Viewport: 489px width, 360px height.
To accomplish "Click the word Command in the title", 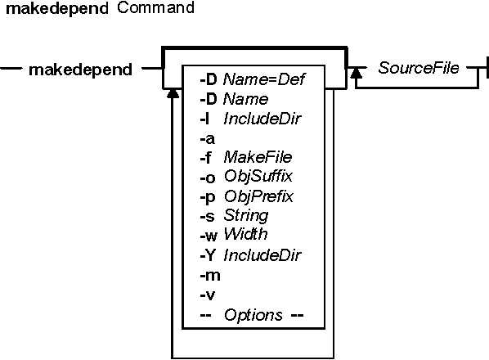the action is pos(155,7).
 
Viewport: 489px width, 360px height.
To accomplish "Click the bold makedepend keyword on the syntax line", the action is pos(80,70).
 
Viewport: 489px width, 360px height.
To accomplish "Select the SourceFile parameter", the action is pos(419,68).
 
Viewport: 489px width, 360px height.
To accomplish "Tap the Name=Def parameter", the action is pos(264,79).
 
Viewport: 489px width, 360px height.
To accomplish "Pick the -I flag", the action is pos(204,119).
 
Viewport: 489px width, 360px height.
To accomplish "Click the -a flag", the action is pos(208,138).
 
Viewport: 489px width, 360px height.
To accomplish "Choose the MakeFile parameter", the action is pos(258,157).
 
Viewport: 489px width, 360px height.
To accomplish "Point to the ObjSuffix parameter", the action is pos(258,177).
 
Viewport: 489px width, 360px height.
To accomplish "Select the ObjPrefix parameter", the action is pos(259,196).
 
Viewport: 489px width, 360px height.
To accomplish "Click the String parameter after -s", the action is pos(246,216).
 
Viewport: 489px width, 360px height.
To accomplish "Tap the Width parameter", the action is pos(246,234).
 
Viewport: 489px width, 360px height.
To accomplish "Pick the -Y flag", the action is pos(208,255).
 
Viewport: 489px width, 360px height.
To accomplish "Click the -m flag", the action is pos(210,276).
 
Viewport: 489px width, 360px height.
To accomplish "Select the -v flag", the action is pos(208,295).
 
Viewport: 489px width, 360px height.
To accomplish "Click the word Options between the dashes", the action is pos(253,315).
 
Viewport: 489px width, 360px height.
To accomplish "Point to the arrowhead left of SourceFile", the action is pos(357,73).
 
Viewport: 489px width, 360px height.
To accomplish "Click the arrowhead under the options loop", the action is pos(173,93).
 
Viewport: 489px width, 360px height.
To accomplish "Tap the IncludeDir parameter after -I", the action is pos(262,119).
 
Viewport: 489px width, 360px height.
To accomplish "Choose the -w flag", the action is pos(209,236).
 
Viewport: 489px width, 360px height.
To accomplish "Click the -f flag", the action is pos(205,158).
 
